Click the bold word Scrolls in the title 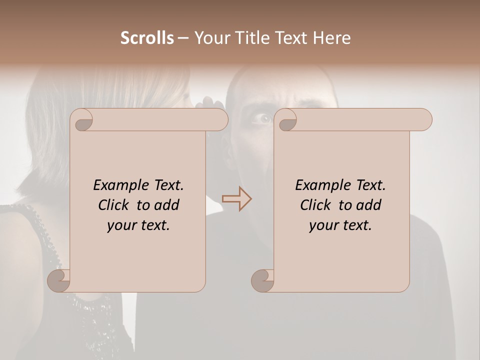(147, 38)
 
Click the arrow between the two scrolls (236, 199)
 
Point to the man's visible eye (262, 118)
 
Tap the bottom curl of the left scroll (58, 281)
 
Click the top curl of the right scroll (287, 120)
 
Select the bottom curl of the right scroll (262, 281)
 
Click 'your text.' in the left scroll (138, 225)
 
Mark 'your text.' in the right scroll (340, 225)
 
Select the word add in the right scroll (369, 205)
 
